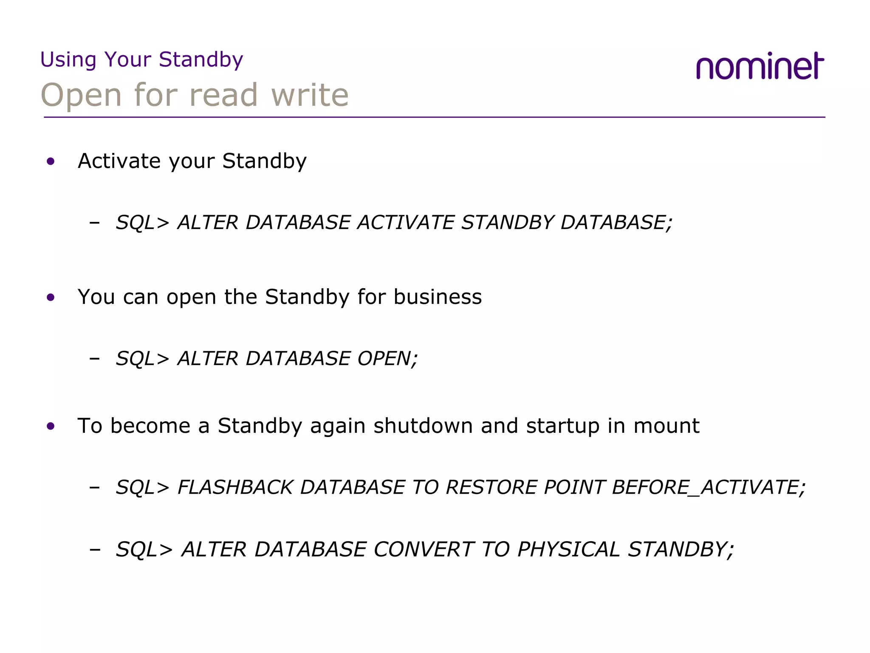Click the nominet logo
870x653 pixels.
[760, 67]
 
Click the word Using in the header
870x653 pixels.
[68, 60]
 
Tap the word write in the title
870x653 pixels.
[310, 95]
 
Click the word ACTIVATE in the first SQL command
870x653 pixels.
[406, 223]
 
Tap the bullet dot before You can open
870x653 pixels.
[51, 298]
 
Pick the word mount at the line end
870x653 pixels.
[666, 426]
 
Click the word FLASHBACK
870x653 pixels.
[235, 487]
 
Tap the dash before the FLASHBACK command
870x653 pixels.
[95, 487]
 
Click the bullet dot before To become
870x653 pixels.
[51, 426]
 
